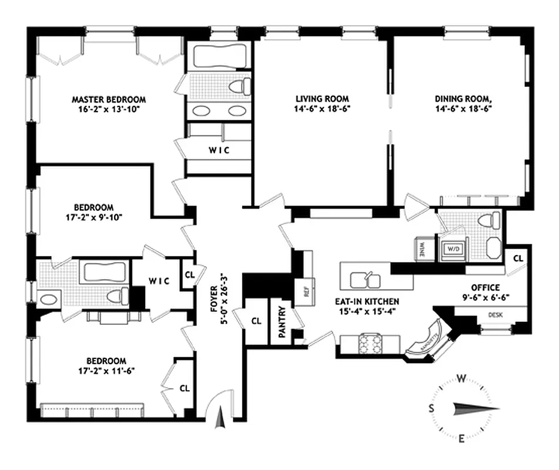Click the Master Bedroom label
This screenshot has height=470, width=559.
[x=109, y=99]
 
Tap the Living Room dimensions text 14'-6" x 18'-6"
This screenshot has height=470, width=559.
[x=322, y=109]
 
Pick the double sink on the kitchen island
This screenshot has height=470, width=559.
[x=366, y=277]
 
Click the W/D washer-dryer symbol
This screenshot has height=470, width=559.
[x=453, y=248]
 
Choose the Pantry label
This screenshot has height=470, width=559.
[x=282, y=321]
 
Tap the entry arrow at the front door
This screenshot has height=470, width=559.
[x=221, y=419]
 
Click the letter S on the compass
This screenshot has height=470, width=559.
[x=431, y=408]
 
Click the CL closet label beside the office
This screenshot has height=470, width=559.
[x=518, y=258]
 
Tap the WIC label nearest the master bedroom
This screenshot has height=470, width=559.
[x=219, y=150]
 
